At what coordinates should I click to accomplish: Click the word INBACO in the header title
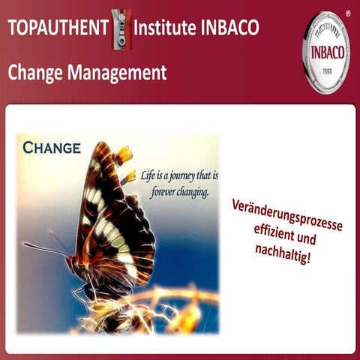point(229,28)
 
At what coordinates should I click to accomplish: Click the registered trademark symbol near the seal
point(346,13)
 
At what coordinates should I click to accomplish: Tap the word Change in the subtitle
point(37,73)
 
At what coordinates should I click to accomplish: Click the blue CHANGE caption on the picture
point(51,147)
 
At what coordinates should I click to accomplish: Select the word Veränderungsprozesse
point(288,213)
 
